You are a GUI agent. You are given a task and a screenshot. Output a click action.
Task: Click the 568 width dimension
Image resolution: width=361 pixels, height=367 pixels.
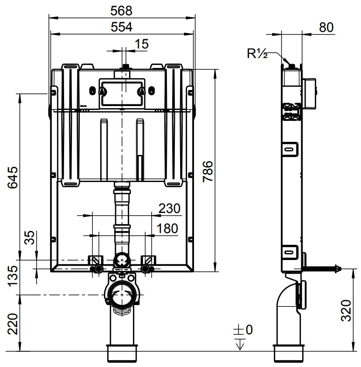tap(121, 11)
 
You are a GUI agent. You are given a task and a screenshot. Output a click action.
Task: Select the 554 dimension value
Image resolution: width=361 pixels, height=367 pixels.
tap(121, 27)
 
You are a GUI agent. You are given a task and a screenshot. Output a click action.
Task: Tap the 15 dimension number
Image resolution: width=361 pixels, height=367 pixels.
tap(142, 44)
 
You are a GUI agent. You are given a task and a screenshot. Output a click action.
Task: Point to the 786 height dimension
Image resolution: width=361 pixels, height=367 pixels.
tap(208, 171)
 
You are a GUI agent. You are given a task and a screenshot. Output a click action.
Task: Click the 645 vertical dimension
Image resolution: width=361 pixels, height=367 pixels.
tap(13, 177)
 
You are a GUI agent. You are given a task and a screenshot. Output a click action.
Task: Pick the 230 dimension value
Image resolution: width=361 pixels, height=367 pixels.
tap(169, 208)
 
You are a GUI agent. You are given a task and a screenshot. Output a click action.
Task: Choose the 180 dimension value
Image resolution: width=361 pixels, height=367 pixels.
tap(167, 228)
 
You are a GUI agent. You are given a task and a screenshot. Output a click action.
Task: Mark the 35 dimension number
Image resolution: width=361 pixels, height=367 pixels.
tap(30, 237)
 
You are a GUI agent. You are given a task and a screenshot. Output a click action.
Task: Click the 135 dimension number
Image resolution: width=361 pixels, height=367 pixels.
tap(13, 276)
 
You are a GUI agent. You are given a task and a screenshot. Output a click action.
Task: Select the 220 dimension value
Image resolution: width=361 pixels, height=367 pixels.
tap(13, 324)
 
